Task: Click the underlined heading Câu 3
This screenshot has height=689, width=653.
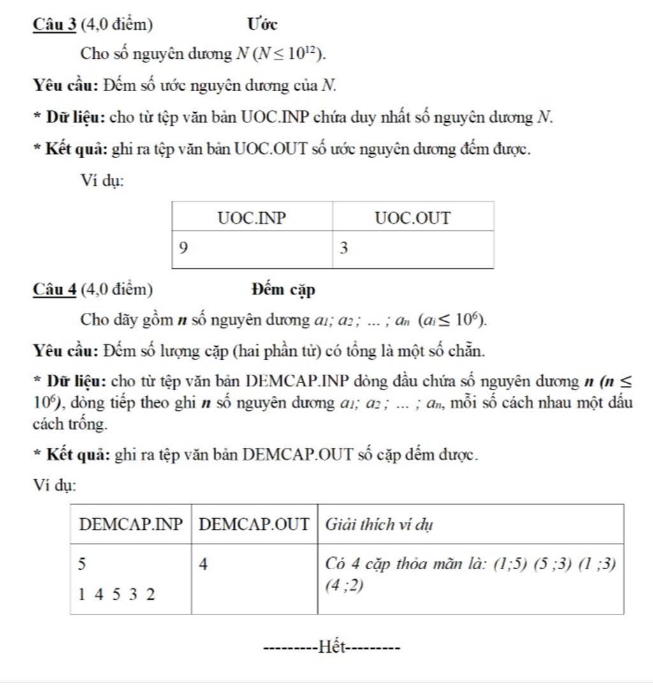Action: (55, 24)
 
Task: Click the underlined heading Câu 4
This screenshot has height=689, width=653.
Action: (55, 289)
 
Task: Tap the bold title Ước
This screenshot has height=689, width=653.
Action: (262, 24)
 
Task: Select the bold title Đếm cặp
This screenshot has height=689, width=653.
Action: (283, 290)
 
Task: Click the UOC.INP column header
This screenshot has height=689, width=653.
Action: (252, 218)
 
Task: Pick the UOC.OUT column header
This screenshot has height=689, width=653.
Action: (413, 218)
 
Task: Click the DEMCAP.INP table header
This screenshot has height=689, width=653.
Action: (131, 525)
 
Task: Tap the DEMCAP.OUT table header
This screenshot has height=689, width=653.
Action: (254, 525)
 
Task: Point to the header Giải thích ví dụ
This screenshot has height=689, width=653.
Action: (379, 525)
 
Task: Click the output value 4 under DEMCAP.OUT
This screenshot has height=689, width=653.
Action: (205, 564)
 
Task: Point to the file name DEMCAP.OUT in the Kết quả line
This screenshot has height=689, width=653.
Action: (298, 455)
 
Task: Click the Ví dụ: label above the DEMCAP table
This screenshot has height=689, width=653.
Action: (54, 486)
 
